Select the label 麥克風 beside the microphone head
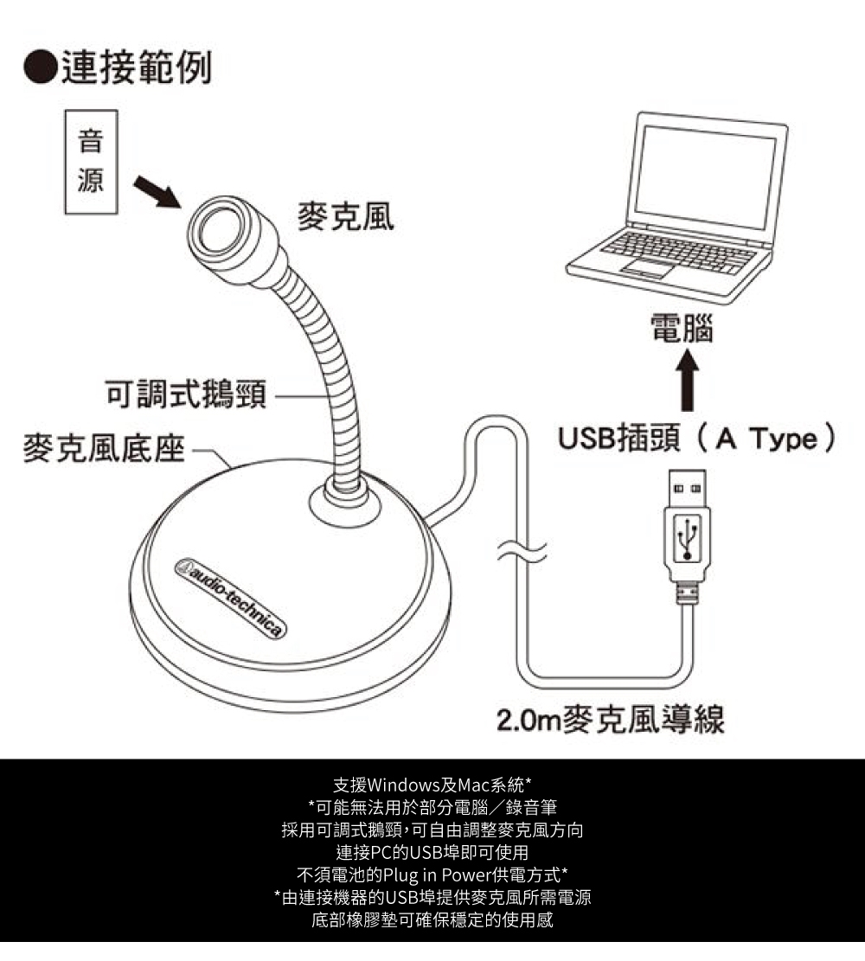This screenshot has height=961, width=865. point(345,218)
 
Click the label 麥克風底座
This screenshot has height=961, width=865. point(103,451)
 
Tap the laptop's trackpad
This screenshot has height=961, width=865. point(646,270)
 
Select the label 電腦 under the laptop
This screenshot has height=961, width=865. point(682,328)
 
